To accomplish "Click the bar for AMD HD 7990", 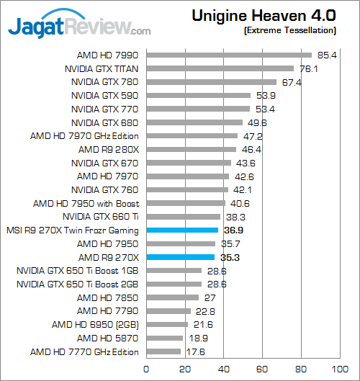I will pos(229,55).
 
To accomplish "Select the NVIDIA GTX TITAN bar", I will pos(220,68).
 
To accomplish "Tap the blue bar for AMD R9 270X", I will pos(181,257).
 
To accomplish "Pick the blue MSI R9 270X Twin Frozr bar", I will pos(182,230).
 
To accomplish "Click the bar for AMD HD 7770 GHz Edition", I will pos(163,351).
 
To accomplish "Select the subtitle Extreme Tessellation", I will pos(290,31).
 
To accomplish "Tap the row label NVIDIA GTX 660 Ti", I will pos(101,217).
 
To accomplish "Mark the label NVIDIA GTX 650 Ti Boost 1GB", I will pos(78,271).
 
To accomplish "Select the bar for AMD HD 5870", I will pos(165,338).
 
